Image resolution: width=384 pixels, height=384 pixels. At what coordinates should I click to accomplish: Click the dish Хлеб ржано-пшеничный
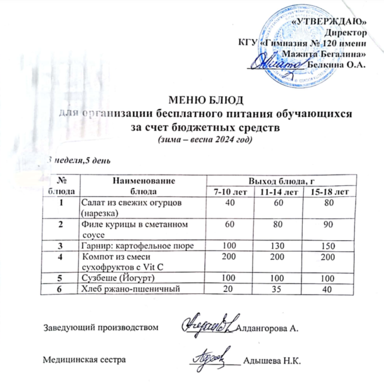[130, 290]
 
